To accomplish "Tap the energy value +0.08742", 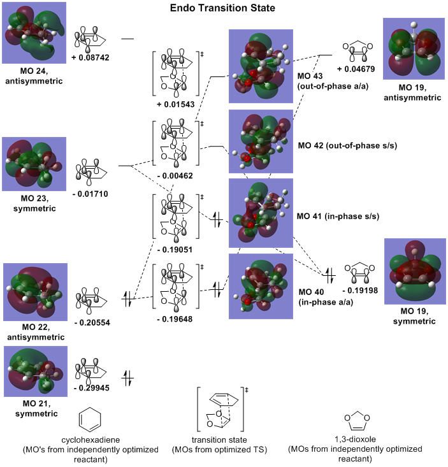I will (93, 57).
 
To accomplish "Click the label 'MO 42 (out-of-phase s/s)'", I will (347, 145).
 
